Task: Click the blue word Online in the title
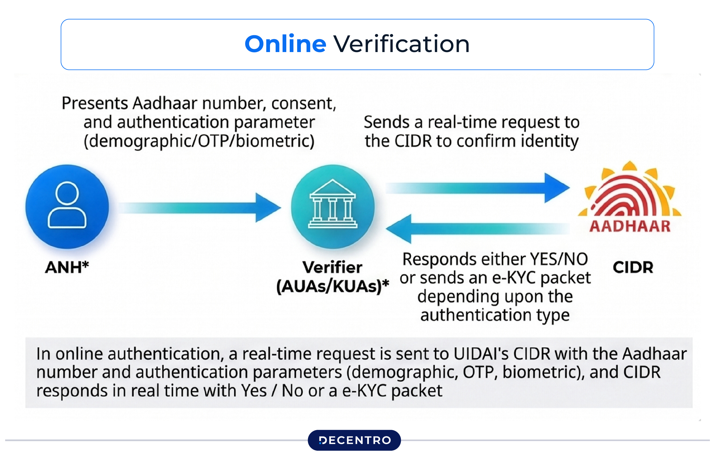pos(285,44)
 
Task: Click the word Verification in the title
pos(401,44)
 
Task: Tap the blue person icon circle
pos(67,206)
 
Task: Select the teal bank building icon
pos(333,206)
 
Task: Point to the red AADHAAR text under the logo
pos(630,226)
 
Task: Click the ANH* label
pos(67,267)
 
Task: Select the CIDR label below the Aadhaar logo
pos(633,267)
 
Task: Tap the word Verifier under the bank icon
pos(332,267)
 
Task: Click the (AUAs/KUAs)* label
pos(332,286)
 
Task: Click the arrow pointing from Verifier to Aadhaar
pos(478,188)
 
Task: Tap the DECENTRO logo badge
pos(354,440)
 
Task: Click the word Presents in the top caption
pos(95,103)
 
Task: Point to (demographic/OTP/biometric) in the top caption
pos(199,141)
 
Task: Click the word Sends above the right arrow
pos(386,122)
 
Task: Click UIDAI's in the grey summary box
pos(481,354)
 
